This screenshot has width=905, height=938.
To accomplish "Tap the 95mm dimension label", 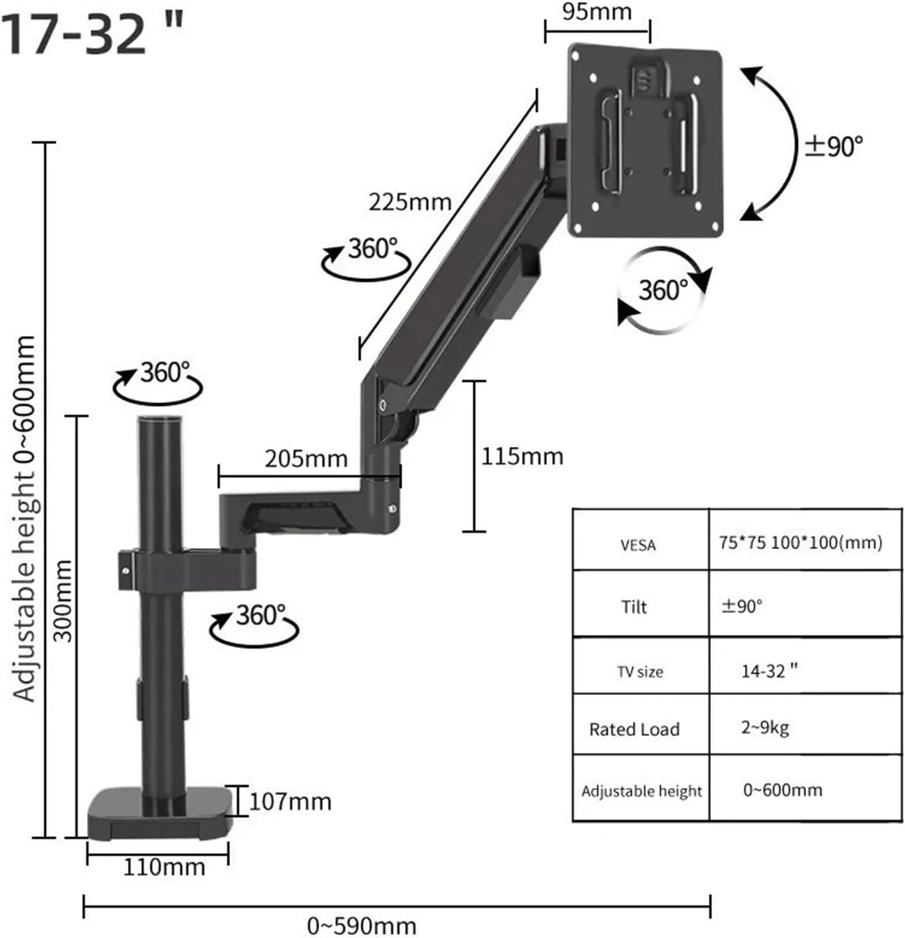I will click(x=596, y=12).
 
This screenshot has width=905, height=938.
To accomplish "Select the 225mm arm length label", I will click(x=409, y=202).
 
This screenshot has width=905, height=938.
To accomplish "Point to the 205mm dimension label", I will click(x=306, y=458).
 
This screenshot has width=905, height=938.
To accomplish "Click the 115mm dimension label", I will click(x=522, y=456).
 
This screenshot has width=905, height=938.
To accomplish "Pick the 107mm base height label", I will click(x=290, y=802).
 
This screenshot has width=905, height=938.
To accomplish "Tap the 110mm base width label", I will click(x=164, y=867).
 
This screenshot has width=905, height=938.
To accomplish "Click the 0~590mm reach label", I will click(x=362, y=926).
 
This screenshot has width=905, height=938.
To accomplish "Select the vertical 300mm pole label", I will click(x=63, y=600).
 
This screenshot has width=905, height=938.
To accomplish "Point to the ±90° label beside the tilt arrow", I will click(x=834, y=147).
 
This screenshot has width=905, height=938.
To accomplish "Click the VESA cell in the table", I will click(x=638, y=546).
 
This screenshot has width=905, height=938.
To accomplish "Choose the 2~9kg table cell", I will click(x=765, y=727).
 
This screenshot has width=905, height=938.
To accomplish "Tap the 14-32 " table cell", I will click(x=769, y=671).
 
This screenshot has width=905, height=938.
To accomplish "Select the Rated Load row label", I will click(x=634, y=729).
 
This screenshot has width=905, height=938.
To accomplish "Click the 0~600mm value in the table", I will click(x=782, y=789).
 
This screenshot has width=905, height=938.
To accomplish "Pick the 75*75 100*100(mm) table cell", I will click(x=800, y=543).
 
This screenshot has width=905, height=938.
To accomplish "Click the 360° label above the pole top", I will click(x=165, y=372).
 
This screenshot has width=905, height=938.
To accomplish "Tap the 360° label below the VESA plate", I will click(x=663, y=291).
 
